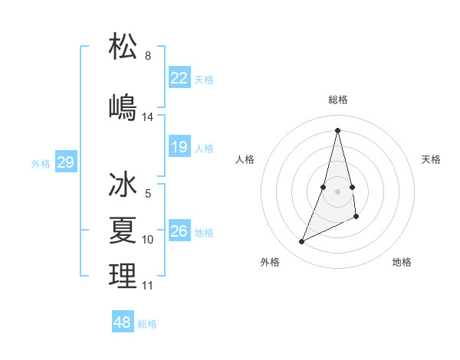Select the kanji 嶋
(x=123, y=106)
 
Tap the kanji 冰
(x=123, y=186)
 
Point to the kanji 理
(x=123, y=277)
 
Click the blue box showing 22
(x=179, y=77)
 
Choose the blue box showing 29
(x=65, y=162)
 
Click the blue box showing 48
(x=123, y=322)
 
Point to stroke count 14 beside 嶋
(x=148, y=117)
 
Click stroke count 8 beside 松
(x=148, y=56)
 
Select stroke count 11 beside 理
(x=148, y=286)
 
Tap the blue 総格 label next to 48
(x=147, y=324)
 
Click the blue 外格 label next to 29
(x=41, y=163)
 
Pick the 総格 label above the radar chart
(x=337, y=100)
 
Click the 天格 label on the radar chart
(x=431, y=159)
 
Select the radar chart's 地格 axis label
(x=402, y=262)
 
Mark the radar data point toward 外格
(x=301, y=242)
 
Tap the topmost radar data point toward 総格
(x=337, y=130)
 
